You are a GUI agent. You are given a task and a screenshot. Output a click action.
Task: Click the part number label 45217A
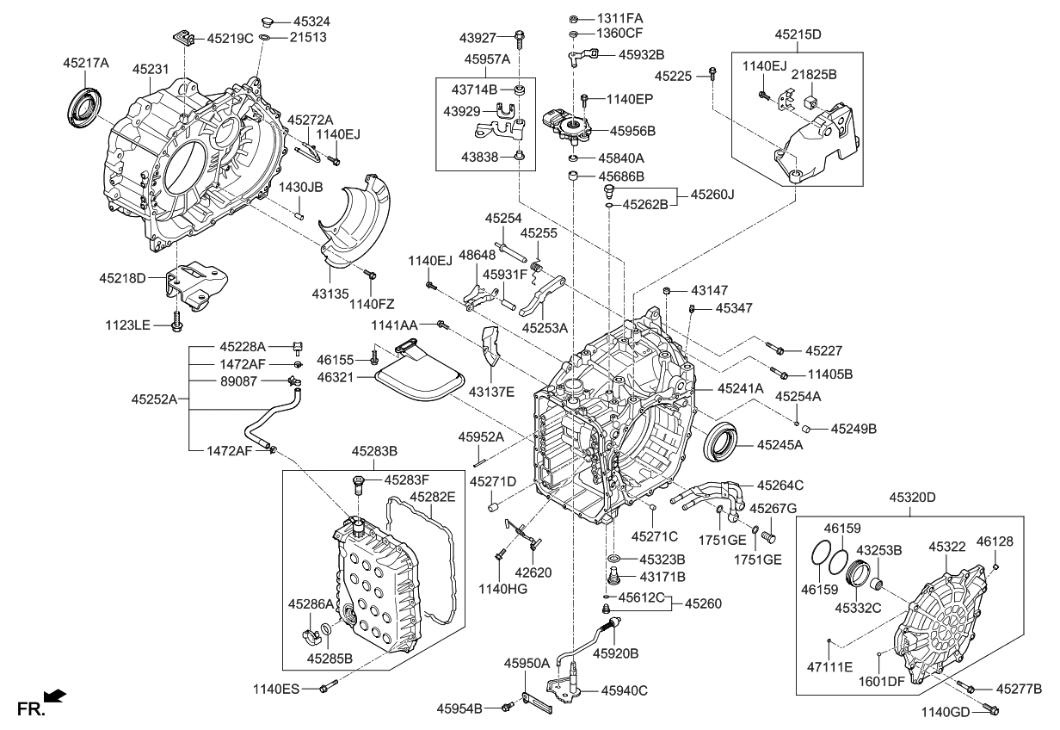[x=85, y=63]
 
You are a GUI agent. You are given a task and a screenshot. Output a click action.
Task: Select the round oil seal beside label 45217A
[x=84, y=104]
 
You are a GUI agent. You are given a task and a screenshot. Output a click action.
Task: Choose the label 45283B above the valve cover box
[x=374, y=451]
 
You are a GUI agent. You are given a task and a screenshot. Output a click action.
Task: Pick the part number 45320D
[x=913, y=497]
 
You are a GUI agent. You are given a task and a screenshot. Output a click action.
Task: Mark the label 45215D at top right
[x=798, y=34]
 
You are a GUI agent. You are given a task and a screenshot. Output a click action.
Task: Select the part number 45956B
[x=633, y=131]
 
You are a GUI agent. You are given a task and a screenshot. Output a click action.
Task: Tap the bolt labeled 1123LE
[x=177, y=322]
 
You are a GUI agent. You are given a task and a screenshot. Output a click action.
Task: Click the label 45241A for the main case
[x=741, y=388]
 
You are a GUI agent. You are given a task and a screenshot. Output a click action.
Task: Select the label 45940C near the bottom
[x=624, y=690]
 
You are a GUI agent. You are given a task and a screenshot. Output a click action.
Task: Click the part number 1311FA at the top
[x=619, y=17]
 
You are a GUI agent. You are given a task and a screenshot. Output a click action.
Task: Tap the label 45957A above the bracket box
[x=488, y=59]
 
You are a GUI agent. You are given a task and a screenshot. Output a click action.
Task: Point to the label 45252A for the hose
[x=156, y=400]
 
